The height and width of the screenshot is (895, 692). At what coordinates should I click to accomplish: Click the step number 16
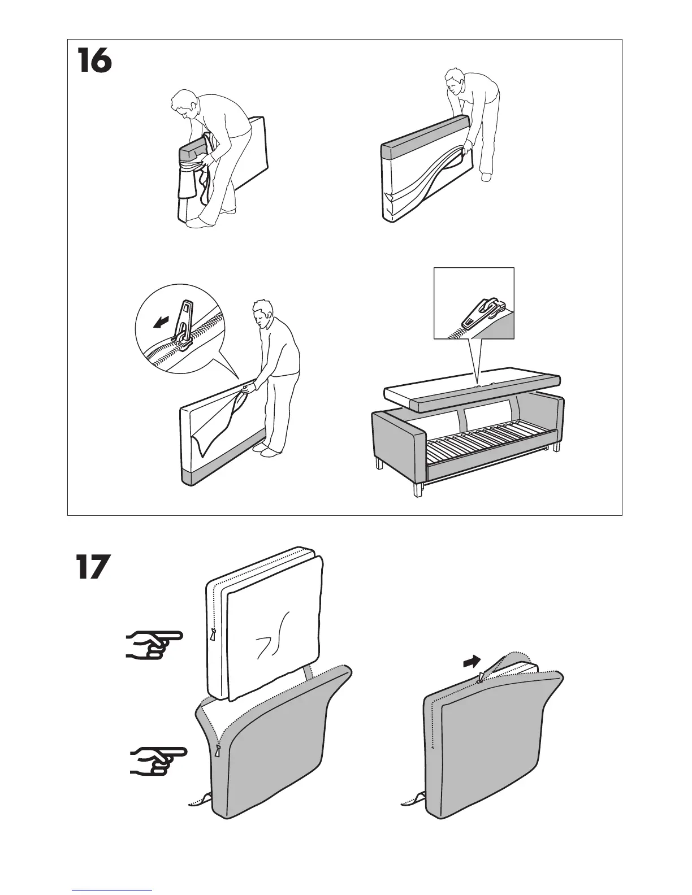tap(94, 62)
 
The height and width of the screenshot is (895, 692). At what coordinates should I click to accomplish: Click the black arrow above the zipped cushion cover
tap(472, 661)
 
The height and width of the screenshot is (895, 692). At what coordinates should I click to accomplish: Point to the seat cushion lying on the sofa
tap(472, 393)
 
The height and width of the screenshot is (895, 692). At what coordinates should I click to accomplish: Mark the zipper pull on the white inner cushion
tap(213, 634)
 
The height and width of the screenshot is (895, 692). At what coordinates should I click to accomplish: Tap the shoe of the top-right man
tap(486, 177)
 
